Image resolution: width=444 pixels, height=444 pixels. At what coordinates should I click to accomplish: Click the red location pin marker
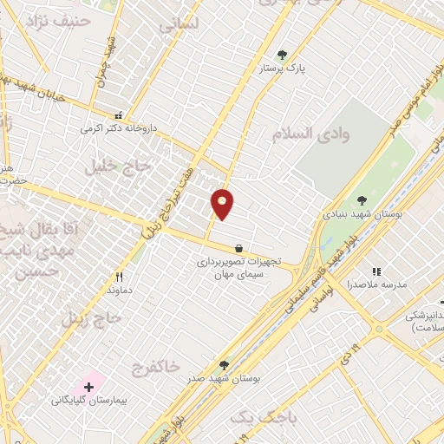pyautogui.click(x=223, y=204)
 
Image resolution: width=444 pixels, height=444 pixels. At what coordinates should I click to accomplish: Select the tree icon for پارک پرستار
pyautogui.click(x=282, y=55)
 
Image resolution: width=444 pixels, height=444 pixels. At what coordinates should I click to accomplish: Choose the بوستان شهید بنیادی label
pyautogui.click(x=356, y=212)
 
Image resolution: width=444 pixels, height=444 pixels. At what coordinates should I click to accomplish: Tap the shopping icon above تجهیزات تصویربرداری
pyautogui.click(x=238, y=249)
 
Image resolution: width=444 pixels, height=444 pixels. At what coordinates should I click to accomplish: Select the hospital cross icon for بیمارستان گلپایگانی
pyautogui.click(x=88, y=385)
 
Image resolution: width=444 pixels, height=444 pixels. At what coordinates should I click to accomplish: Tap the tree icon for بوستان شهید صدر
pyautogui.click(x=225, y=366)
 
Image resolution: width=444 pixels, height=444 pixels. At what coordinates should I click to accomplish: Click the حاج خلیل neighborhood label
pyautogui.click(x=117, y=166)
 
